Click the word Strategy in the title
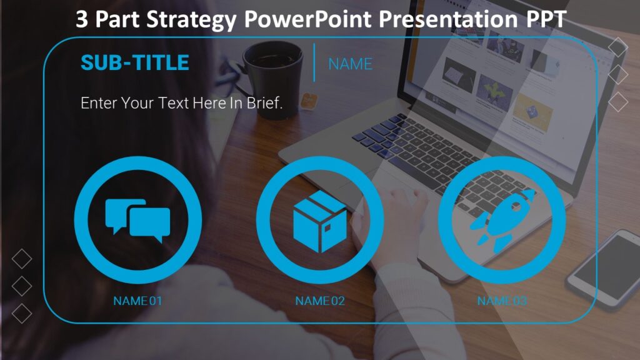[191, 20]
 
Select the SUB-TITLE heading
[134, 62]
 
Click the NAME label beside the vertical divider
[350, 64]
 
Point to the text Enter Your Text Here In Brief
[182, 103]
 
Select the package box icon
[320, 222]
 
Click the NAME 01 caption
[137, 301]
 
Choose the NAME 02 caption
[320, 301]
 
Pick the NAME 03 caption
[502, 301]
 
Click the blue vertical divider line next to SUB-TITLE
[314, 62]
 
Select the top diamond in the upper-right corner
[617, 47]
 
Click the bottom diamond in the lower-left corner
[22, 313]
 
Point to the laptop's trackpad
[400, 187]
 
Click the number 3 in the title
[82, 20]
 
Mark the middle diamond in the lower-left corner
[22, 286]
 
